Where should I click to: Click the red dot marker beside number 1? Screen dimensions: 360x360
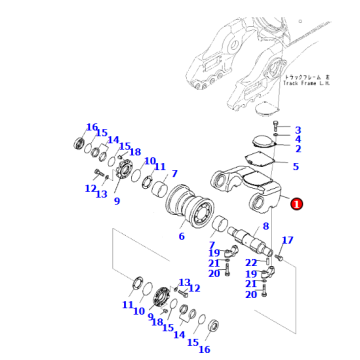(x=296, y=203)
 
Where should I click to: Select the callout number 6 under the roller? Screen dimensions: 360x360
(x=181, y=236)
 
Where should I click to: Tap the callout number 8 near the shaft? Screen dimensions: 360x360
(x=266, y=227)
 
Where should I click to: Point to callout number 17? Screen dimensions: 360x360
(x=287, y=240)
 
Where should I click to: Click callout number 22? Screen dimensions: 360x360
(x=250, y=262)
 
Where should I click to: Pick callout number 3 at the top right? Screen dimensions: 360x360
(x=297, y=130)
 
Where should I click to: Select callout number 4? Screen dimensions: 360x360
(x=297, y=140)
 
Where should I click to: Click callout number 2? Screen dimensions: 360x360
(x=297, y=150)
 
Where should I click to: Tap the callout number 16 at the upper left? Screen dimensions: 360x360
(x=92, y=128)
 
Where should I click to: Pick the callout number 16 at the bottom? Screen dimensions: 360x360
(x=204, y=349)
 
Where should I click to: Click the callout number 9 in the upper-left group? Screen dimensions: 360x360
(x=116, y=201)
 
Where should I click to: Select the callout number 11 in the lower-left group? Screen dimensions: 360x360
(x=127, y=304)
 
